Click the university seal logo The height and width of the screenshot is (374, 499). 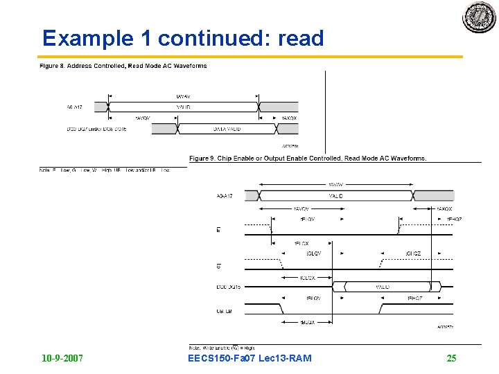click(x=480, y=17)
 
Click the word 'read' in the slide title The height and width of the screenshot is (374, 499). click(x=301, y=38)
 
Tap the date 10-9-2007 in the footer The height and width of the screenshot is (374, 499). click(x=62, y=358)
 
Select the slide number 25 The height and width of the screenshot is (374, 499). click(x=451, y=358)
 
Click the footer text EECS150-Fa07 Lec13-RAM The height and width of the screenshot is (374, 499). click(x=249, y=358)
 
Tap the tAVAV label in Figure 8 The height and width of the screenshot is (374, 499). click(x=184, y=96)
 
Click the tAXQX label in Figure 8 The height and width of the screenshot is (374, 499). click(x=289, y=118)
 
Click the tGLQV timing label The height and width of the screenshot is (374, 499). click(x=313, y=253)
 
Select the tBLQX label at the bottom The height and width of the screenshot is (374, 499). click(x=308, y=322)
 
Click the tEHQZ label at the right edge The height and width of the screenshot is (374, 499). click(x=454, y=219)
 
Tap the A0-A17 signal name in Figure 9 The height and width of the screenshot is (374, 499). click(x=225, y=197)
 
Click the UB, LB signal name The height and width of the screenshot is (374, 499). click(x=223, y=311)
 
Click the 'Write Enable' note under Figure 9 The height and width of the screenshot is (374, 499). click(x=221, y=348)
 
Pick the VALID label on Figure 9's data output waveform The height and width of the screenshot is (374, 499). click(x=383, y=287)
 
